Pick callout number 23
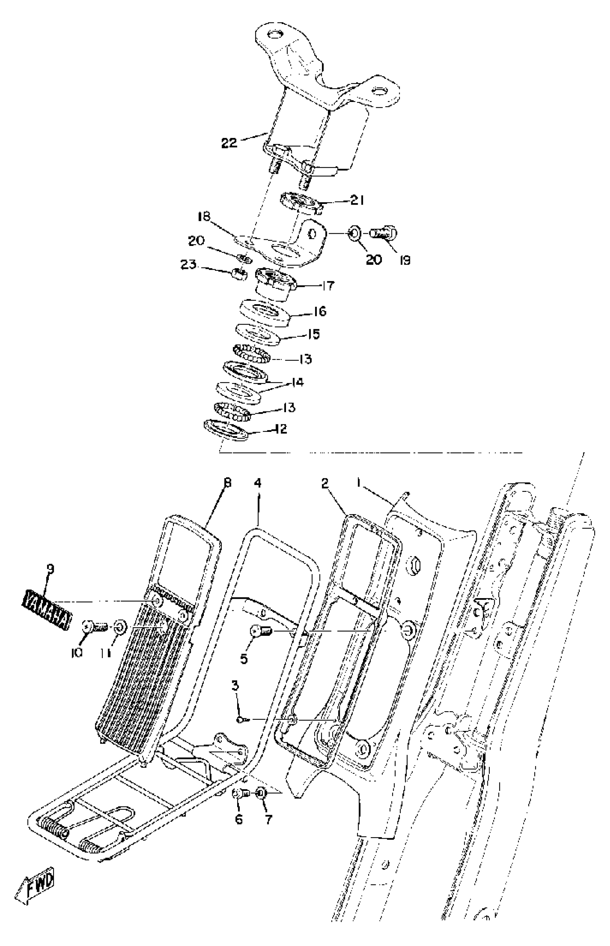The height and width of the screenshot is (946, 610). point(188,264)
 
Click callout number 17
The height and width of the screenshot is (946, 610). point(328,285)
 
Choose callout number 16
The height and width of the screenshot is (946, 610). point(320,311)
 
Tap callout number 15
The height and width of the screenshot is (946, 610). point(313,334)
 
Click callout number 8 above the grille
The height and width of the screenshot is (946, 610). point(227,483)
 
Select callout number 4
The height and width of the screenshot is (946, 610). point(258,483)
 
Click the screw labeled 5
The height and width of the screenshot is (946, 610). point(259,630)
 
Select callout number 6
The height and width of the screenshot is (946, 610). point(239,819)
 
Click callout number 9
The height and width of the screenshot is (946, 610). point(50,569)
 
